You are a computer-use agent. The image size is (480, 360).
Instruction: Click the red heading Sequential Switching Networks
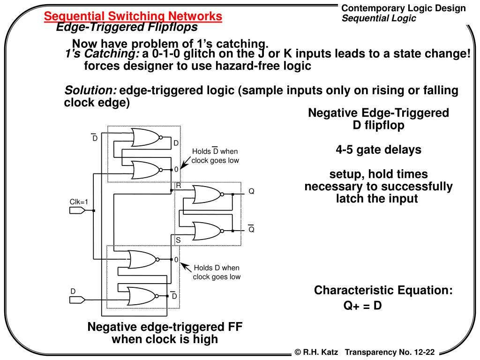coord(133,16)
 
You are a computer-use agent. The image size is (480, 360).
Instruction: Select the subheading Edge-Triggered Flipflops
coord(127,27)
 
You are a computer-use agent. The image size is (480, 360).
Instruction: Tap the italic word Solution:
coord(90,90)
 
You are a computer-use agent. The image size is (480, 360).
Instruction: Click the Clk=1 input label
coord(79,202)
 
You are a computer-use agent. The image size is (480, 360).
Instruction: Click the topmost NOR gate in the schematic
coord(146,138)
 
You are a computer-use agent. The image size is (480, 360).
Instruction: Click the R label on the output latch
coord(178,186)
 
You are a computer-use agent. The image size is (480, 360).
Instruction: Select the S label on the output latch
coord(178,240)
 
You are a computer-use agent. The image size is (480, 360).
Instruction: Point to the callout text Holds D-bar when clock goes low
coord(215,156)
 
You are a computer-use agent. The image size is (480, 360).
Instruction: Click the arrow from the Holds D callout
coord(186,268)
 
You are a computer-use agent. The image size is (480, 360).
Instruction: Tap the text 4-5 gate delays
coord(378,150)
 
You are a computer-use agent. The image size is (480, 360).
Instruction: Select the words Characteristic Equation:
coord(383,290)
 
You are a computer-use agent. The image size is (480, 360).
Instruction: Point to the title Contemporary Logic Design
coord(404,8)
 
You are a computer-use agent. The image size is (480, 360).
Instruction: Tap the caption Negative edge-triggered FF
coord(165,327)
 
